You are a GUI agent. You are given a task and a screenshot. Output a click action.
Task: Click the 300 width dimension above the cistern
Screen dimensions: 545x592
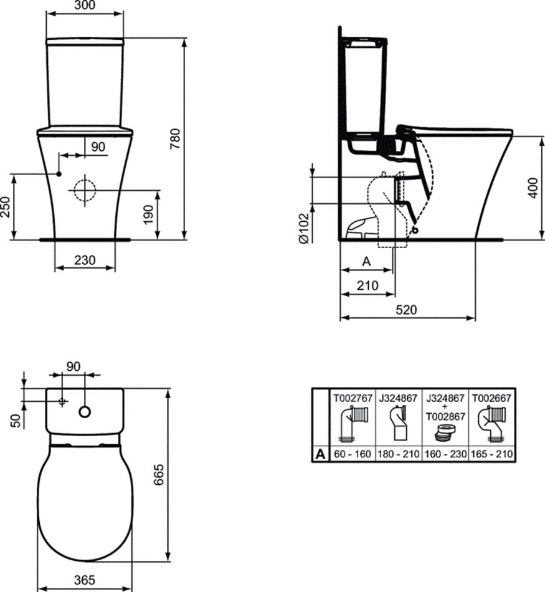coord(85,5)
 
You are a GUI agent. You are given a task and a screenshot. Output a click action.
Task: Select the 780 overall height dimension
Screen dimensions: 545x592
coord(175,138)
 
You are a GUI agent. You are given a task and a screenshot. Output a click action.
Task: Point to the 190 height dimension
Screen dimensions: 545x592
coord(149,214)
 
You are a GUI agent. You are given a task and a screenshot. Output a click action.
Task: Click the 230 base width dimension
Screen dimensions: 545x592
coord(85,260)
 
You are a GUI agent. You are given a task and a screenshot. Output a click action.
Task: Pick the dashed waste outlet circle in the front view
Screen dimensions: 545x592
coord(85,190)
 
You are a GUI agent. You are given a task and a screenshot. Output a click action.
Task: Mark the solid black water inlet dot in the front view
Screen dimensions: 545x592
coord(59,174)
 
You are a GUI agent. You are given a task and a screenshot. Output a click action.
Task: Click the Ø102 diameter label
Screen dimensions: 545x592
coord(303,228)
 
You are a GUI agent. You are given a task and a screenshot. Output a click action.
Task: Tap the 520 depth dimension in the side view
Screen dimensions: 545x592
coord(407,310)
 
